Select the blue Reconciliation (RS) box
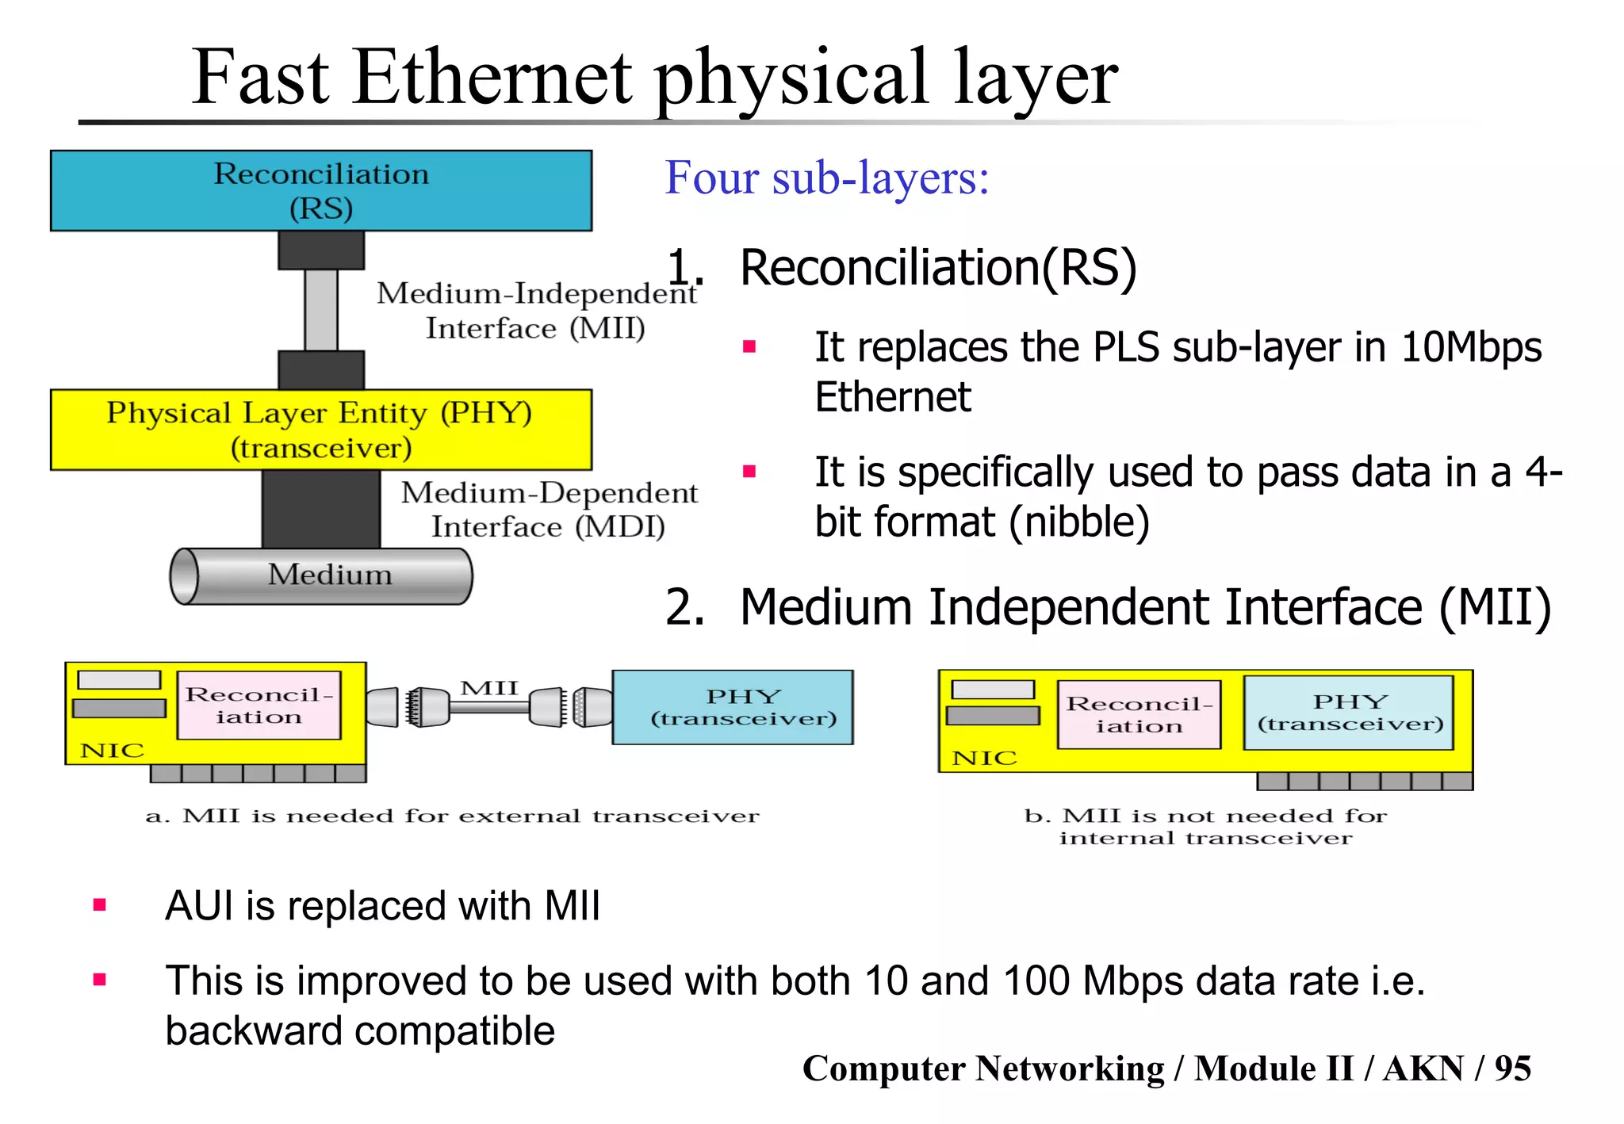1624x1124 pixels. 321,191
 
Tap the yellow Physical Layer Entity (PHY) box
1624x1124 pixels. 321,430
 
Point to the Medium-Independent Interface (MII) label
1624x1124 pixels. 536,310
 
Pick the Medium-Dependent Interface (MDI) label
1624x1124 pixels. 549,509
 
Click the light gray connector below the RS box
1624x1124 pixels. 321,309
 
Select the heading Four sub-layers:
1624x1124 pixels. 826,178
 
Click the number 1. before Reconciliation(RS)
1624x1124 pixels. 684,267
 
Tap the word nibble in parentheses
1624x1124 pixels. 1079,522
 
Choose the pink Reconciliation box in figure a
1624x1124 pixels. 259,705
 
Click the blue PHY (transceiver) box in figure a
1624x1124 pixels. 733,707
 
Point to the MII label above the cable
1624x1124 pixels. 489,688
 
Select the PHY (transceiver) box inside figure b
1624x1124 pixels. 1349,713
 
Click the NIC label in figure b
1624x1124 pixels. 984,759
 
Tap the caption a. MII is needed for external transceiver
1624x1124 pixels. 452,816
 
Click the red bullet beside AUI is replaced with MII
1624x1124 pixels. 100,905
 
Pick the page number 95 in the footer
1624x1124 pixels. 1512,1069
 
